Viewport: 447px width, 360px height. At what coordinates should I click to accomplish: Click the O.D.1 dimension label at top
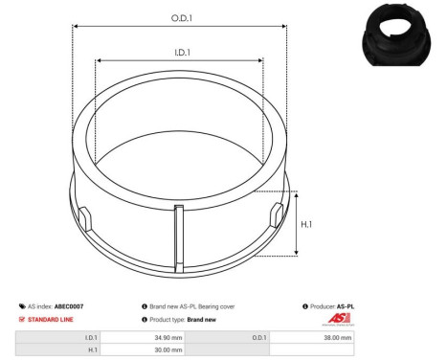pyautogui.click(x=179, y=16)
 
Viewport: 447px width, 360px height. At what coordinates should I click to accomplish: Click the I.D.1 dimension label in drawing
pyautogui.click(x=179, y=53)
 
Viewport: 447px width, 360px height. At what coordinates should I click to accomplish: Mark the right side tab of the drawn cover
pyautogui.click(x=275, y=214)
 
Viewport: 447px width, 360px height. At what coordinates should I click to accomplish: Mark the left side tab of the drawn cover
pyautogui.click(x=83, y=215)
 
